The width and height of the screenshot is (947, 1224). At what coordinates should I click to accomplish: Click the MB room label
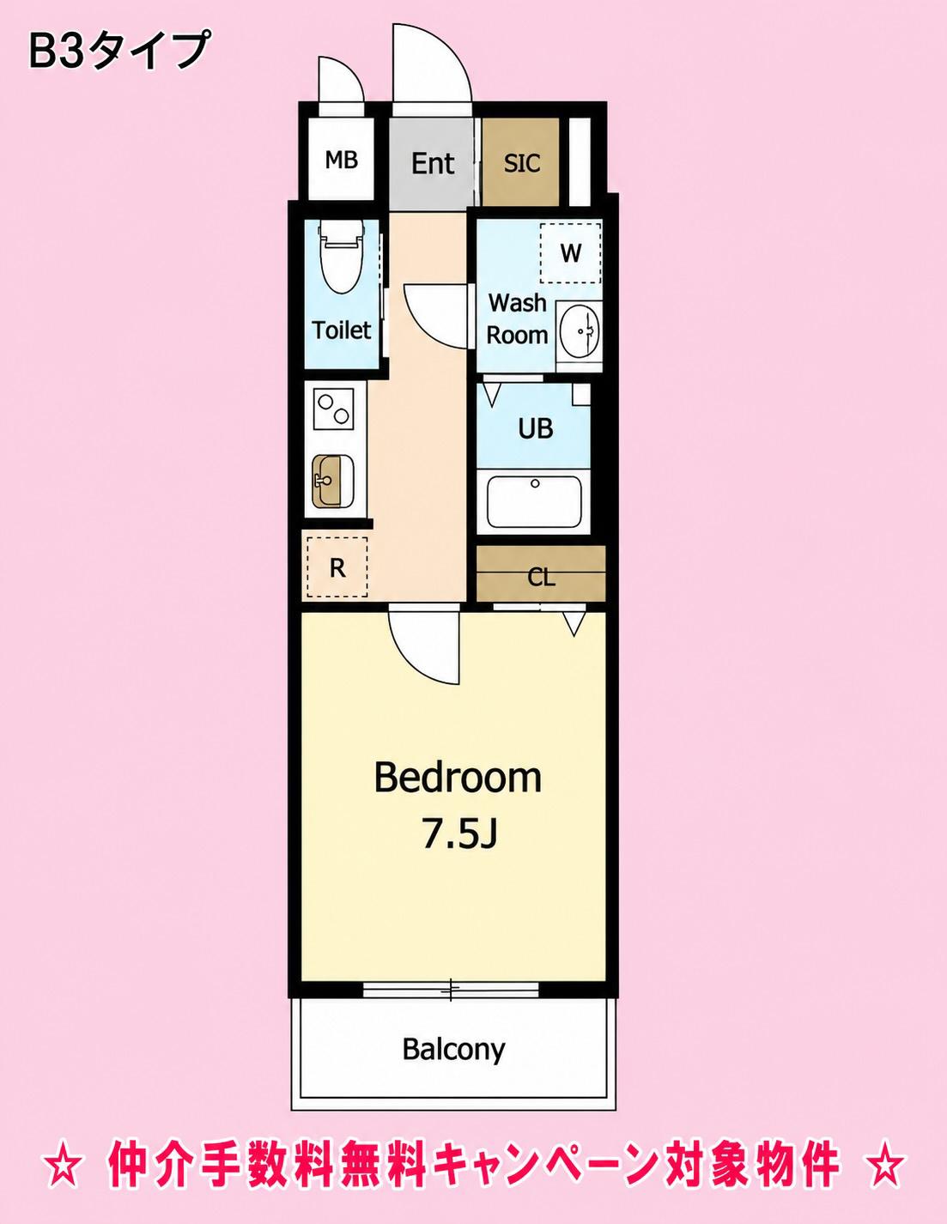pos(342,161)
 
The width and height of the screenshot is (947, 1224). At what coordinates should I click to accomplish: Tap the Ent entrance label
pos(432,163)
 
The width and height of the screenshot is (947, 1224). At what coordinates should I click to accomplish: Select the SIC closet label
pos(522,163)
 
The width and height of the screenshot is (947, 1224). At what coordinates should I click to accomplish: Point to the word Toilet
pos(342,330)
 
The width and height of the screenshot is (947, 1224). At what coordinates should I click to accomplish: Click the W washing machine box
pos(571,253)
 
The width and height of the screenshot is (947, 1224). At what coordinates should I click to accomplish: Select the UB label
pos(535,429)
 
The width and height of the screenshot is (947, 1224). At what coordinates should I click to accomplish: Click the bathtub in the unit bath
pos(534,501)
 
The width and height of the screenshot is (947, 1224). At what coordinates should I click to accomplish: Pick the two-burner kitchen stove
pos(331,409)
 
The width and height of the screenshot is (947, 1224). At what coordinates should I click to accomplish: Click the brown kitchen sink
pos(332,481)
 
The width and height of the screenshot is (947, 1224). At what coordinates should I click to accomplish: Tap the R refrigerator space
pos(337,567)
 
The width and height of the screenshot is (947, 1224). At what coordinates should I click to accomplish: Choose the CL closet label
pos(541,578)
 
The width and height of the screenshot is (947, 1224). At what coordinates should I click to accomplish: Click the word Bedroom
pos(458,778)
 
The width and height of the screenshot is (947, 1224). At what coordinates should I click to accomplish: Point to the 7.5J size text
pos(459,837)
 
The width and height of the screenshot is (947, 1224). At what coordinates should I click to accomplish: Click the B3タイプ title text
pos(119,51)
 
